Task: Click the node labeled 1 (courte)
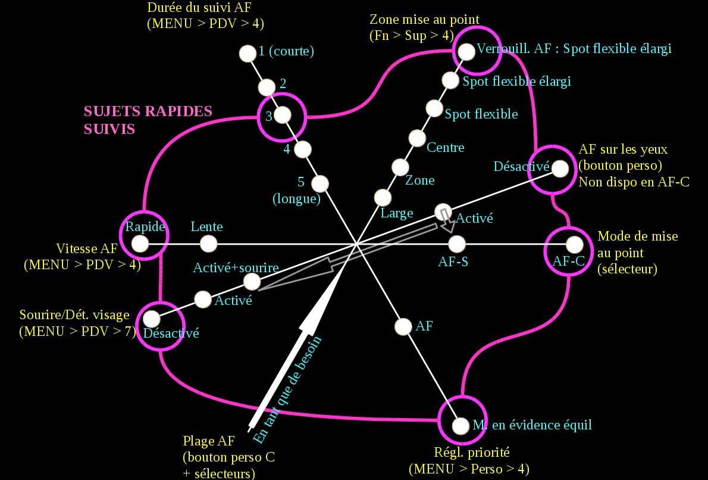click(246, 53)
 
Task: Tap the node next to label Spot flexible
click(435, 108)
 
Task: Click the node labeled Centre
click(417, 138)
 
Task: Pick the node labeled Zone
click(400, 167)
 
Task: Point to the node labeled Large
click(383, 197)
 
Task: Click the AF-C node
click(574, 244)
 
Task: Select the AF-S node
click(456, 244)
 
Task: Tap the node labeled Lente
click(208, 244)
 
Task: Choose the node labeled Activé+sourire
click(252, 281)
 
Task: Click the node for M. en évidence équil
click(460, 426)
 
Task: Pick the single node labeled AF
click(403, 326)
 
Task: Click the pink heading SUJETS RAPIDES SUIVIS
click(148, 120)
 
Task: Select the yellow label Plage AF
click(208, 441)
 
